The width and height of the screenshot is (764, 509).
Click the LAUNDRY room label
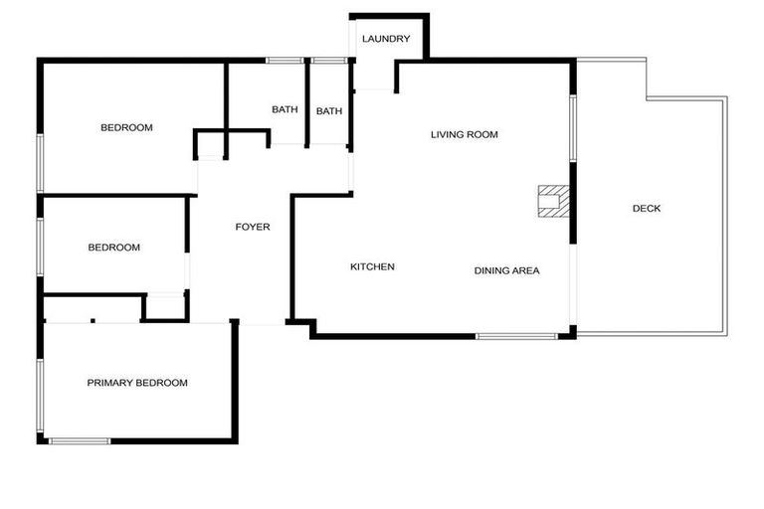pyautogui.click(x=387, y=39)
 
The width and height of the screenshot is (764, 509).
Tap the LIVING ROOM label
pyautogui.click(x=464, y=134)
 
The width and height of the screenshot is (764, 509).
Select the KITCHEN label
pyautogui.click(x=373, y=266)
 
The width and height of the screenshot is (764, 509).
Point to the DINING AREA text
pyautogui.click(x=506, y=270)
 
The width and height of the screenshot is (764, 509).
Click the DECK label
pyautogui.click(x=647, y=208)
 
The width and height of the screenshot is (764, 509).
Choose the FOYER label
pyautogui.click(x=253, y=227)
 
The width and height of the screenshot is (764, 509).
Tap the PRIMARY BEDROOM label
pyautogui.click(x=137, y=383)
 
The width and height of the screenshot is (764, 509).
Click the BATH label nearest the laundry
pyautogui.click(x=329, y=111)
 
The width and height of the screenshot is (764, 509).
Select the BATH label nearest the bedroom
pyautogui.click(x=286, y=109)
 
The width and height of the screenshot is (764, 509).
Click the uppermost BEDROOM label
pyautogui.click(x=126, y=127)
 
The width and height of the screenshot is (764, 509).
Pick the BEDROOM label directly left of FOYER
pyautogui.click(x=113, y=248)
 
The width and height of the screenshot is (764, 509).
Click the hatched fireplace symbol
pyautogui.click(x=552, y=200)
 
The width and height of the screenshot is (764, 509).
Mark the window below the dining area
pyautogui.click(x=516, y=336)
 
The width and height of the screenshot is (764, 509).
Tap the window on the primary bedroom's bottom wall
pyautogui.click(x=80, y=440)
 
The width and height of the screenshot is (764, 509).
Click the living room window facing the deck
pyautogui.click(x=572, y=127)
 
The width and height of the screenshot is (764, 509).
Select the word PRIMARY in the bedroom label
pyautogui.click(x=109, y=383)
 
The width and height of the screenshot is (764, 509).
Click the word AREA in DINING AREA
pyautogui.click(x=525, y=270)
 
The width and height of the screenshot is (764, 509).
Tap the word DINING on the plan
pyautogui.click(x=491, y=270)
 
